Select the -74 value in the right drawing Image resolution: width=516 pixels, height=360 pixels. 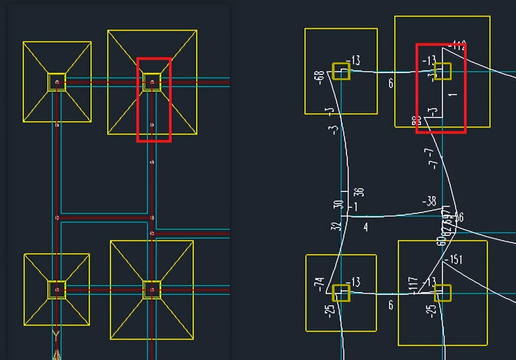click(x=320, y=285)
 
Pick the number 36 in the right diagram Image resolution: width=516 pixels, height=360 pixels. click(x=359, y=193)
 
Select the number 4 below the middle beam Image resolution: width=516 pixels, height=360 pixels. click(x=365, y=227)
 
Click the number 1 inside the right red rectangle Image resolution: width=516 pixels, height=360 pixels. click(x=454, y=94)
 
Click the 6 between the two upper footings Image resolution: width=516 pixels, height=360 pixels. click(x=391, y=83)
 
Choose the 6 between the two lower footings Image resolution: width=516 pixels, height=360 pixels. click(x=391, y=305)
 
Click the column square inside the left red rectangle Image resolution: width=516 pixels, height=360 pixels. click(x=152, y=82)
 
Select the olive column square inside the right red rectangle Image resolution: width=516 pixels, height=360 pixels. click(x=442, y=71)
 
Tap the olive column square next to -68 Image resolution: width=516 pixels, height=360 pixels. click(x=341, y=71)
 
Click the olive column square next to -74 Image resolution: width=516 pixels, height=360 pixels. click(x=341, y=293)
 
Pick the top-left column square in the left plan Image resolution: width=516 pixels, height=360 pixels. click(x=57, y=82)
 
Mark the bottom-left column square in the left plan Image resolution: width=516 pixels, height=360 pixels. click(x=57, y=290)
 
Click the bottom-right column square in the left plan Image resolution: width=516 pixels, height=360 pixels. click(x=152, y=290)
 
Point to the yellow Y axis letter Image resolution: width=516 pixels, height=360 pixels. click(x=56, y=336)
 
